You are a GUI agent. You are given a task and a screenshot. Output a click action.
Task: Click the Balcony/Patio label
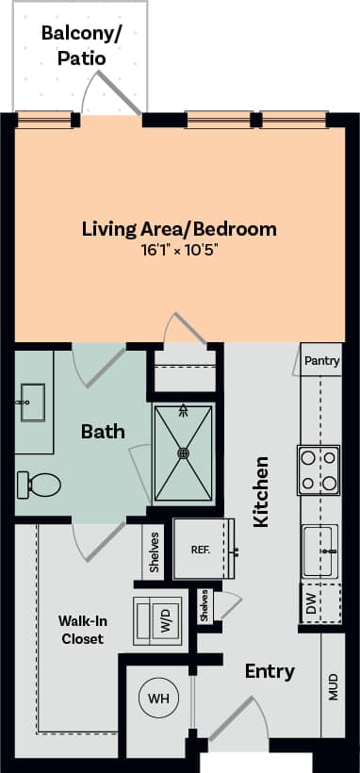pyautogui.click(x=80, y=45)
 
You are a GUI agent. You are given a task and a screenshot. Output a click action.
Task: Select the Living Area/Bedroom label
pyautogui.click(x=178, y=228)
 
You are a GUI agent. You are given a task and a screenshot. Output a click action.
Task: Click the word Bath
pyautogui.click(x=103, y=432)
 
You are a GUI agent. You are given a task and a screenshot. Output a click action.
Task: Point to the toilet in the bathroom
pyautogui.click(x=38, y=485)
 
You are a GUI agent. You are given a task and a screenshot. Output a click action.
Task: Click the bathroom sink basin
pyautogui.click(x=33, y=402)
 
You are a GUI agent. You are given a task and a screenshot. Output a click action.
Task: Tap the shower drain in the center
pyautogui.click(x=184, y=452)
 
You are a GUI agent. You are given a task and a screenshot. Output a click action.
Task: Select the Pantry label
pyautogui.click(x=321, y=360)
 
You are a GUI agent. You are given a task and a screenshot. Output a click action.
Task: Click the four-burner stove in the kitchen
pyautogui.click(x=319, y=470)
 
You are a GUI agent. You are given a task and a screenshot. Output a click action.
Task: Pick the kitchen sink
pyautogui.click(x=320, y=551)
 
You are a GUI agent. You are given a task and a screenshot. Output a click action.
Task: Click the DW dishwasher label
pyautogui.click(x=310, y=604)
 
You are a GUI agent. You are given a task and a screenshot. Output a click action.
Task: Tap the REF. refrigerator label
pyautogui.click(x=201, y=549)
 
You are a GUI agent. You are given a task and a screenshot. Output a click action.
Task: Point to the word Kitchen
pyautogui.click(x=262, y=491)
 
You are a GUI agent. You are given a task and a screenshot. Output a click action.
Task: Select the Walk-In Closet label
pyautogui.click(x=80, y=630)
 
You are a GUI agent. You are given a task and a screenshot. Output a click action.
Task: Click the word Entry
pyautogui.click(x=270, y=671)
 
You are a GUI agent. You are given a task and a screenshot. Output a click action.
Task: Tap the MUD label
pyautogui.click(x=333, y=687)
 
